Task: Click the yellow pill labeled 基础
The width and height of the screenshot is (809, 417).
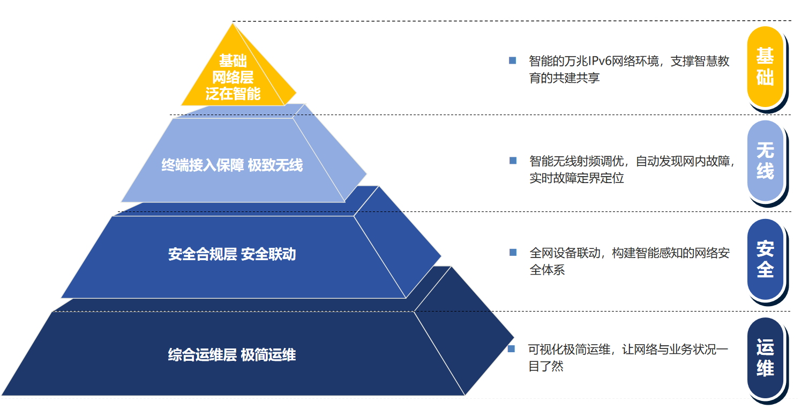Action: click(765, 66)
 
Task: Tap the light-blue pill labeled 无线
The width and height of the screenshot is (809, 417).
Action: click(765, 161)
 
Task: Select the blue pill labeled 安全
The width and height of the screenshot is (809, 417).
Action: click(765, 259)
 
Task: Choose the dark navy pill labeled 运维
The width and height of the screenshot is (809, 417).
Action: click(765, 358)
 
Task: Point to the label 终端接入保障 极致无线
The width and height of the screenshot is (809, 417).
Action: click(232, 165)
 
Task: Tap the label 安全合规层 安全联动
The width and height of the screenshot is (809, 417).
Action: click(232, 254)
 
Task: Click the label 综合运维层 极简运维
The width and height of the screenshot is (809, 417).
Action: click(232, 355)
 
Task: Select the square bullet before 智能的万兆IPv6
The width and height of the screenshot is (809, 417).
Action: click(512, 60)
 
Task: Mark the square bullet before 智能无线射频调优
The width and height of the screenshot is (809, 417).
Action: click(513, 160)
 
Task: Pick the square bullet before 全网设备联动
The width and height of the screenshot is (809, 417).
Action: click(513, 252)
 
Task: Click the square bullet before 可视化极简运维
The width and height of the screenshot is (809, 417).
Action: click(511, 349)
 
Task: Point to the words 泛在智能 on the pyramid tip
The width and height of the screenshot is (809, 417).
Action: click(233, 94)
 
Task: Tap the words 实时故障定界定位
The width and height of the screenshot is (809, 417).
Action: click(576, 178)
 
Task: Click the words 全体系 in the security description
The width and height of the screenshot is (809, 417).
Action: click(547, 269)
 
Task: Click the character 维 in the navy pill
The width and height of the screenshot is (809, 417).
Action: click(765, 368)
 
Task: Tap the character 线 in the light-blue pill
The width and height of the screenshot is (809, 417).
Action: click(765, 171)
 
